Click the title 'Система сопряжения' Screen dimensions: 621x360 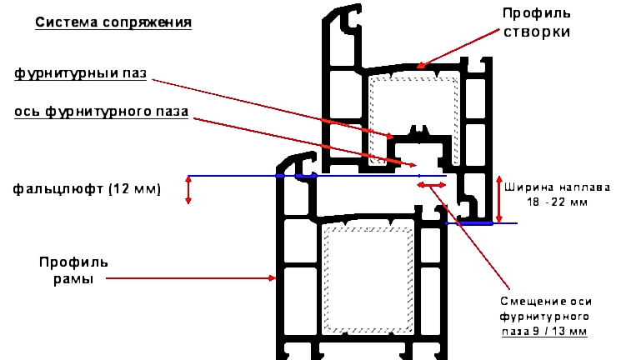tap(113, 22)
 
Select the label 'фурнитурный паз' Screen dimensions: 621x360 tap(80, 73)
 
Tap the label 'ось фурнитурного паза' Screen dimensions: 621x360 tap(101, 112)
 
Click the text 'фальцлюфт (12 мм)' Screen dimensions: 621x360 tap(87, 189)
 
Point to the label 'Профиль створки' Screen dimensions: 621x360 tap(537, 22)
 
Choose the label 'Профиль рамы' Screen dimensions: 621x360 tap(73, 271)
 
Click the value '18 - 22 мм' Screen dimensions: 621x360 tap(558, 202)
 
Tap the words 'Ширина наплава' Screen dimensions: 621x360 tap(557, 187)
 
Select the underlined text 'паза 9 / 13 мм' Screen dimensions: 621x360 tap(544, 331)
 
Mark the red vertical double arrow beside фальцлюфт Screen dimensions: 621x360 tap(188, 190)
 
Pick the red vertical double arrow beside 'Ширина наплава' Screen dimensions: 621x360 tap(499, 199)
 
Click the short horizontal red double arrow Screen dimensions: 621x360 tap(432, 185)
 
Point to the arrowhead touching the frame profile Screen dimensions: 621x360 tap(272, 278)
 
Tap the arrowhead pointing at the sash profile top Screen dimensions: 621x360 tap(420, 65)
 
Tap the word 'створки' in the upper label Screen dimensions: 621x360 tap(537, 32)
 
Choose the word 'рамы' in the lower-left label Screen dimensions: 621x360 tap(73, 279)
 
